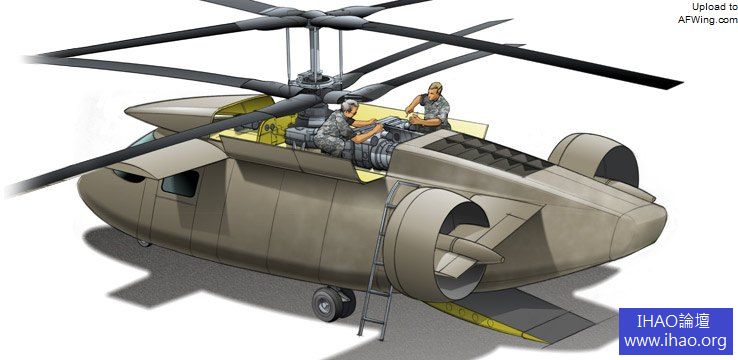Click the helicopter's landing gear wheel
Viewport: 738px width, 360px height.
tap(333, 303)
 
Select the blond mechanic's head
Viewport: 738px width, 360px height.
tap(435, 90)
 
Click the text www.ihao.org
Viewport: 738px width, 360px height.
tap(675, 341)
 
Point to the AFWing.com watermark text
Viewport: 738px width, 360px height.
tap(707, 20)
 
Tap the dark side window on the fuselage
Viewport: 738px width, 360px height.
tap(180, 184)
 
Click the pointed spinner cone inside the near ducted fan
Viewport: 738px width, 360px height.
tap(475, 249)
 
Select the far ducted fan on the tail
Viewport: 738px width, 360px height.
tap(594, 159)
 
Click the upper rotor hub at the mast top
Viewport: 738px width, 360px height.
tap(314, 18)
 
